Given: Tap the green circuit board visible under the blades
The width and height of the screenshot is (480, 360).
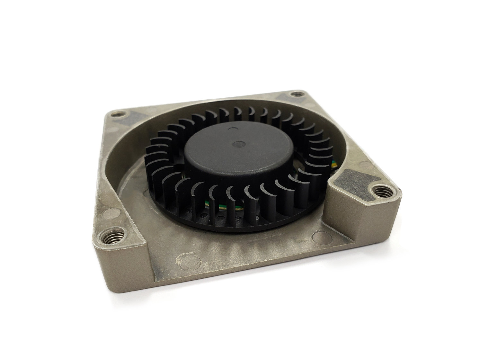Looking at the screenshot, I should tap(222, 206).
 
